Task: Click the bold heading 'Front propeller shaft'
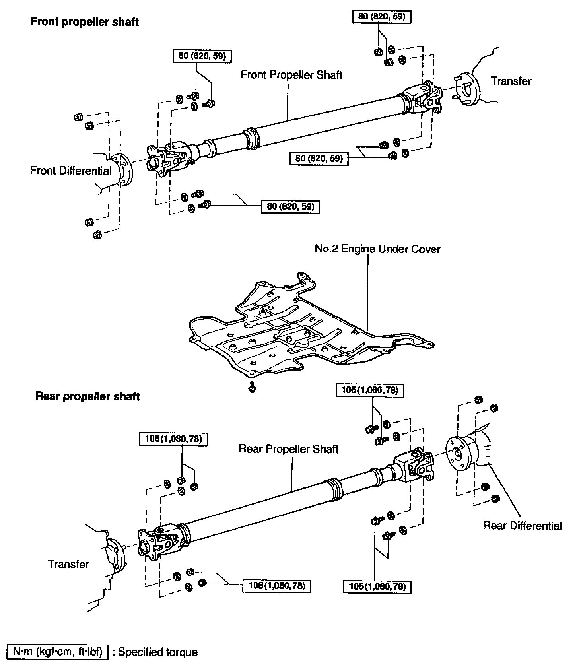pyautogui.click(x=84, y=21)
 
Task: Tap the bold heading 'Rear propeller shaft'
pyautogui.click(x=87, y=396)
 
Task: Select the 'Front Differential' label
pyautogui.click(x=71, y=171)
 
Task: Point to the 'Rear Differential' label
pyautogui.click(x=522, y=526)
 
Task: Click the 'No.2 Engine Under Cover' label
pyautogui.click(x=377, y=249)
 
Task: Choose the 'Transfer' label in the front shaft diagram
pyautogui.click(x=511, y=81)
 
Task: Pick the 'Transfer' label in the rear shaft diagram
pyautogui.click(x=68, y=564)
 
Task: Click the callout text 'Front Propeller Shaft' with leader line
pyautogui.click(x=291, y=75)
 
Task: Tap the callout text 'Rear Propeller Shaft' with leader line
pyautogui.click(x=288, y=449)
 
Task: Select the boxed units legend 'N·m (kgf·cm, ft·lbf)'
pyautogui.click(x=58, y=652)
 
